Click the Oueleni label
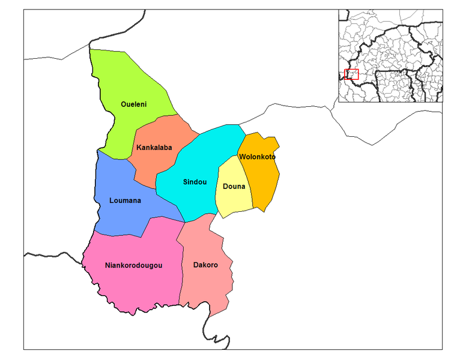pos(133,104)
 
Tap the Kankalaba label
pos(154,148)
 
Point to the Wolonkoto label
pos(257,157)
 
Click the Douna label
pos(234,187)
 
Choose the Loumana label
pos(125,200)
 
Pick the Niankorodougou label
pos(134,265)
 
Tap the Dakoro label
pos(205,265)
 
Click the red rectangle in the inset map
pos(352,74)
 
